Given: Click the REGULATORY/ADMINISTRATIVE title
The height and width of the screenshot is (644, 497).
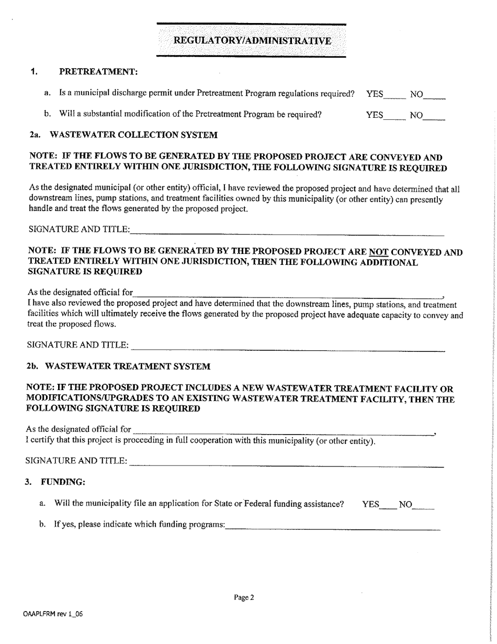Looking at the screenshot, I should [252, 41].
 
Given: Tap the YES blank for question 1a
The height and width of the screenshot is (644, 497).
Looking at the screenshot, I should [395, 96].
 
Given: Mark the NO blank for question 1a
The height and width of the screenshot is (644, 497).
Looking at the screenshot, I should [435, 96].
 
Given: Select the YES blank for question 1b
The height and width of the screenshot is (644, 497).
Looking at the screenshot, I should [395, 117].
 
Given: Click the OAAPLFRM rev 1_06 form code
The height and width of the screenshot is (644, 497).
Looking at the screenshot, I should [53, 614].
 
